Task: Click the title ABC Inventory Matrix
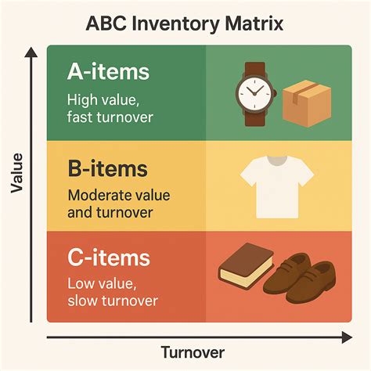(x=185, y=23)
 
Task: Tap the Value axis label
(x=17, y=173)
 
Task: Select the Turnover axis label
(x=193, y=352)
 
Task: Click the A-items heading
(x=108, y=72)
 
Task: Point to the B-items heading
(x=108, y=168)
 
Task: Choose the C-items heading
(x=109, y=258)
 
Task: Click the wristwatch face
(x=254, y=93)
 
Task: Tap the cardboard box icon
(x=307, y=103)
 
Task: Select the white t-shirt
(x=277, y=187)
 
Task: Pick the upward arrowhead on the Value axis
(x=31, y=52)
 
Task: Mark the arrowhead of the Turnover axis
(x=347, y=337)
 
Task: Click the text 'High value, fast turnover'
(x=110, y=108)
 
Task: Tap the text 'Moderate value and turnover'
(x=119, y=204)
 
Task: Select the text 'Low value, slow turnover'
(x=113, y=292)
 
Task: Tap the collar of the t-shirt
(x=278, y=160)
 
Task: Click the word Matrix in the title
(x=254, y=23)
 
